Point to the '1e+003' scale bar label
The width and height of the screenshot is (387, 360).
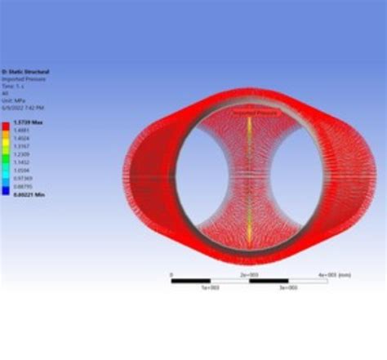[209, 288]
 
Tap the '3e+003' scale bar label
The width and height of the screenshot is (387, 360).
[287, 288]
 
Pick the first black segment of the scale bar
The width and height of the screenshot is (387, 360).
[190, 281]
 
